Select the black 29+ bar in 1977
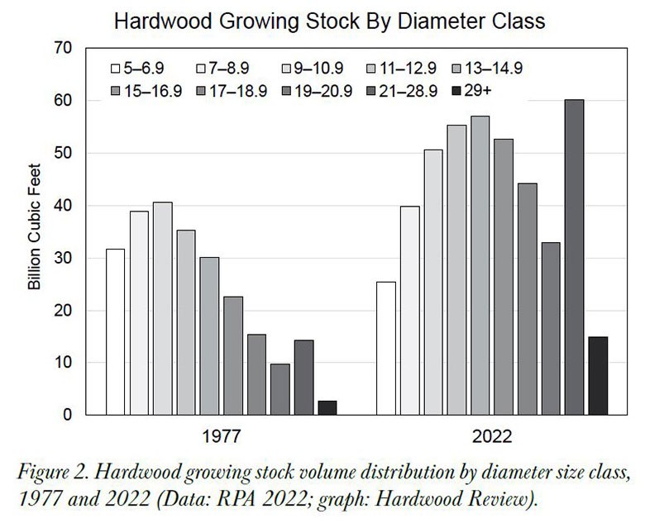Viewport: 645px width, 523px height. coord(327,407)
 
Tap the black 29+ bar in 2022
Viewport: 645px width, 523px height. coord(598,376)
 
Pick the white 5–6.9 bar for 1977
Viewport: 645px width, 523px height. coord(116,331)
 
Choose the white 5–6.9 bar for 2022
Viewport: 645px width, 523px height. coord(385,348)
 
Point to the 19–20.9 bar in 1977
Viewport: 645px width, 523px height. coord(280,389)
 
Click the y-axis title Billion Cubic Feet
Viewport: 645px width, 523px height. coord(34,232)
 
